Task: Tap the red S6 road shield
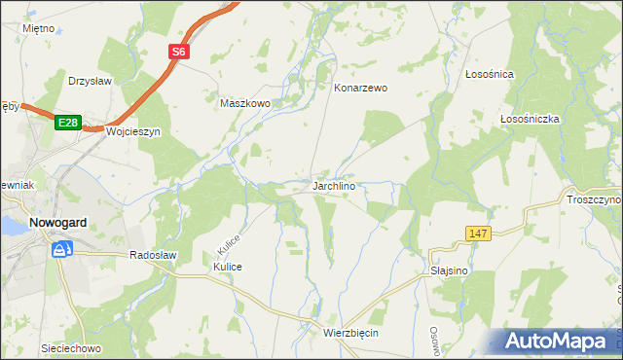tap(180, 54)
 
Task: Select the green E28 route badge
tap(66, 123)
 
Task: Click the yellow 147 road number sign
tap(477, 234)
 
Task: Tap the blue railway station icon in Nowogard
tap(61, 250)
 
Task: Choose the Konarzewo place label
tap(360, 88)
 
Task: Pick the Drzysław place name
tap(93, 81)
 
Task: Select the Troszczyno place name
tap(593, 199)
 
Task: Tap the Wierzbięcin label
tap(349, 333)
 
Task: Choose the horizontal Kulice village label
tap(227, 267)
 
